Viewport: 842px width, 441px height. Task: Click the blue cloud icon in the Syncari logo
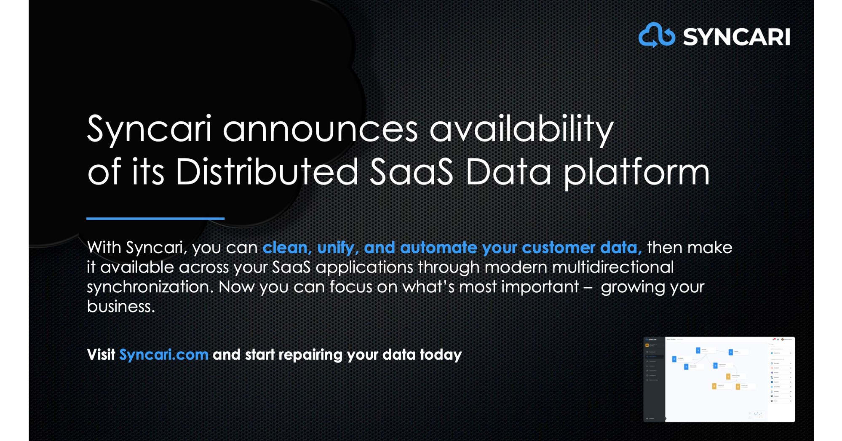tap(656, 35)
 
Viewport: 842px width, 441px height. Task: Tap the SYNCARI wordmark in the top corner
tap(736, 37)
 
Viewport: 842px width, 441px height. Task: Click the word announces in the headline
tap(320, 129)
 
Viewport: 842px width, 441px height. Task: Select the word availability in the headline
tap(521, 129)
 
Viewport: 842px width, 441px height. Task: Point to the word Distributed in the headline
tap(267, 172)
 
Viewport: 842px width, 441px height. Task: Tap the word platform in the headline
tap(636, 173)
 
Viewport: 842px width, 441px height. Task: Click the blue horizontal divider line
tap(155, 218)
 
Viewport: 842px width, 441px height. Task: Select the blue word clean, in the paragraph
tap(287, 248)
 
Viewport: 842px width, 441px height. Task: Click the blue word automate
tap(438, 248)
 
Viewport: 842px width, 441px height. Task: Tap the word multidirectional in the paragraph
tap(612, 267)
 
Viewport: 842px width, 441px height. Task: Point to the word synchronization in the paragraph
tap(150, 287)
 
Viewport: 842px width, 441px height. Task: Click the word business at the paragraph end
tap(120, 307)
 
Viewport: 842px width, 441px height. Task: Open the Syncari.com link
tap(164, 355)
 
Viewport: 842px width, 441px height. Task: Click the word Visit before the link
tap(101, 355)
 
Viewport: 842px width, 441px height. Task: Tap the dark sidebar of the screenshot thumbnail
tap(654, 379)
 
